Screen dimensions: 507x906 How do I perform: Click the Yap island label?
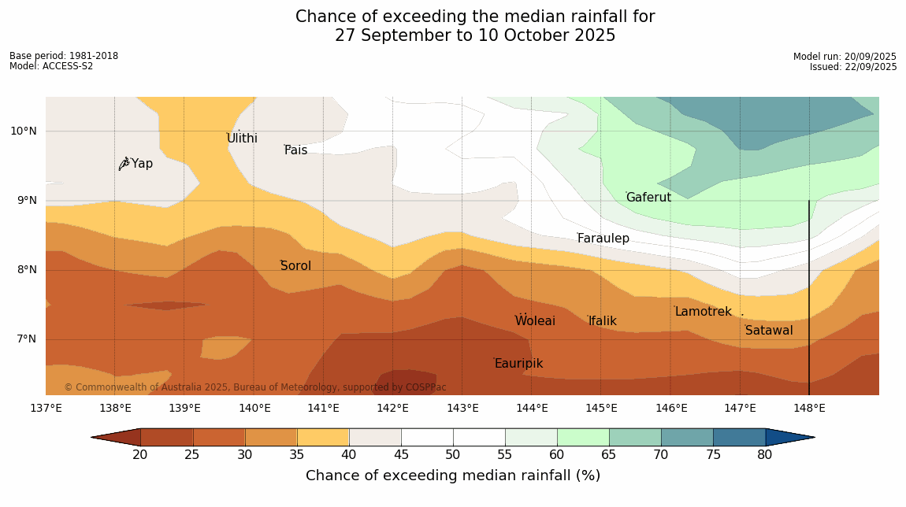tap(142, 164)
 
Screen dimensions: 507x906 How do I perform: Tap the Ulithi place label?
tap(242, 139)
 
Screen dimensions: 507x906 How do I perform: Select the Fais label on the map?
tap(296, 150)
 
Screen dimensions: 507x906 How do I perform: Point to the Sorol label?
tap(295, 266)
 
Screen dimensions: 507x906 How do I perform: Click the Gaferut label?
tap(648, 198)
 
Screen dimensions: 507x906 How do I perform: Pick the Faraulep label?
tap(603, 239)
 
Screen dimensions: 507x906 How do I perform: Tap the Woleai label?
tap(535, 321)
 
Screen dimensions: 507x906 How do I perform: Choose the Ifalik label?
tap(603, 321)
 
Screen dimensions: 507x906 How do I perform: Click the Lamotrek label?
tap(703, 312)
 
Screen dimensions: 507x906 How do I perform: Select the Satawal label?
tap(769, 331)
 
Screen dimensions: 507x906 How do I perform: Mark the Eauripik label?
tap(518, 364)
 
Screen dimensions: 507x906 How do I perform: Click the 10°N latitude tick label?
tap(24, 131)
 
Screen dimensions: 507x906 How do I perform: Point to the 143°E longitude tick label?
tap(462, 408)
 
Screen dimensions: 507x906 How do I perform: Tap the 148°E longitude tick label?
tap(809, 408)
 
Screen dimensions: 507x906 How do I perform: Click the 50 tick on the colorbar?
tap(453, 454)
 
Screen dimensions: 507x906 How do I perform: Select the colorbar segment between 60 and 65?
tap(583, 437)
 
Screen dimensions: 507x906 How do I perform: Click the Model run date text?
tap(845, 57)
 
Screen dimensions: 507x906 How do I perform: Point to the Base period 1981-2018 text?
tap(64, 56)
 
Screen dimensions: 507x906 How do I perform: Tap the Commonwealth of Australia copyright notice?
tap(255, 387)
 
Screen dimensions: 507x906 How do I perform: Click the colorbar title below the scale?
tap(453, 476)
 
